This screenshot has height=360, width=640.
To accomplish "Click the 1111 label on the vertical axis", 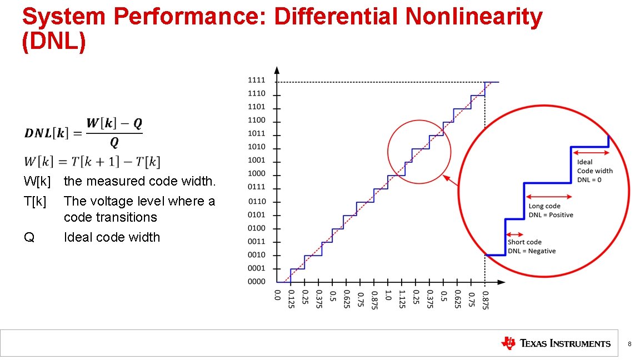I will point(256,81).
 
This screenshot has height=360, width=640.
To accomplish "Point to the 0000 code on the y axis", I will point(256,282).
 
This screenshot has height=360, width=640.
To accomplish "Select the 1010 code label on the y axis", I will point(256,147).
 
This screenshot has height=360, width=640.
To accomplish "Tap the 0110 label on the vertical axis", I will point(257,201).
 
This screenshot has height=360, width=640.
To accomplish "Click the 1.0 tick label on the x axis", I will point(388,294).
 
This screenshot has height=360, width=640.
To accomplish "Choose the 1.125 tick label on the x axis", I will point(402,298).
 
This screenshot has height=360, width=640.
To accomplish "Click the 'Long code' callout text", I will point(544,206).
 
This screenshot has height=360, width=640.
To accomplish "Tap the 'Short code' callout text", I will point(524,242).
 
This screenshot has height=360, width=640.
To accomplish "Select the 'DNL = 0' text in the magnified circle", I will point(589,179).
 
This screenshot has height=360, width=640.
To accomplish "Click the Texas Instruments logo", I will point(555,343).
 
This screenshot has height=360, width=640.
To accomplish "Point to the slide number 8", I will point(629,344).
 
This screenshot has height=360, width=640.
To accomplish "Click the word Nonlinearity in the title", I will point(474,18).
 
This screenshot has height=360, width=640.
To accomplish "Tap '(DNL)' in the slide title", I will point(54,43).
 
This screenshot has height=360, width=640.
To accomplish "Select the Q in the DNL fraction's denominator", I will point(114,143).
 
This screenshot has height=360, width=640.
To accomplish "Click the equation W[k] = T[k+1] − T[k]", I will point(92,162).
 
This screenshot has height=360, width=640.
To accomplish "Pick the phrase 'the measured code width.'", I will point(139,181).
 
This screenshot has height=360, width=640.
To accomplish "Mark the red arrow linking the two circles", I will point(453,181).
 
